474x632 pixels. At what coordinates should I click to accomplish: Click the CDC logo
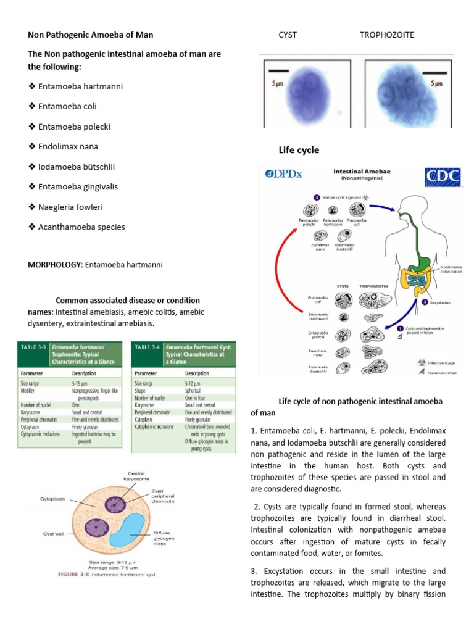443,177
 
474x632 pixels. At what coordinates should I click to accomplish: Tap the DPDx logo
284,173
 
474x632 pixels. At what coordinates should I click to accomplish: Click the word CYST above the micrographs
288,35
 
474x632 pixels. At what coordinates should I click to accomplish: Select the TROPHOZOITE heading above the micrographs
386,35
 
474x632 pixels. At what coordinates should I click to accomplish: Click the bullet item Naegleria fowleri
69,207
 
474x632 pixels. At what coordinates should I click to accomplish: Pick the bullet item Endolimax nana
68,147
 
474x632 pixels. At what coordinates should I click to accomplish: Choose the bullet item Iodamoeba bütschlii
77,167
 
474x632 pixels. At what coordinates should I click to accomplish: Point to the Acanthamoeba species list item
81,227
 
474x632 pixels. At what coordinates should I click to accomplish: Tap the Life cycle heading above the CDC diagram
299,150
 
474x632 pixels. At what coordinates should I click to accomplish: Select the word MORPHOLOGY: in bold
56,265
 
